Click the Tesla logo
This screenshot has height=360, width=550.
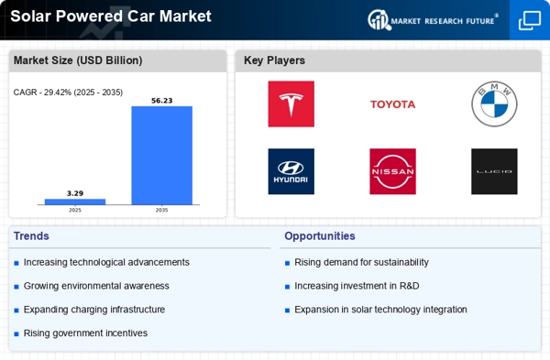coord(291,104)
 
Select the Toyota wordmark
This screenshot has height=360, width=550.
coord(393,104)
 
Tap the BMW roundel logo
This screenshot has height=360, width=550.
coord(494,104)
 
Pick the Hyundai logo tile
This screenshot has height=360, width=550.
coord(291,171)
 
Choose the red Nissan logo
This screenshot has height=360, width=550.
coord(393,171)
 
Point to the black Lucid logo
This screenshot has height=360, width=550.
coord(494,171)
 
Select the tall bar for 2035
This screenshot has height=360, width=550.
coord(161,156)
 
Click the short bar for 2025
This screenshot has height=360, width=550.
coord(75,202)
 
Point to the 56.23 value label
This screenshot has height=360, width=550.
coord(162,101)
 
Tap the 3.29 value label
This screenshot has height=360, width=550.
coord(75,193)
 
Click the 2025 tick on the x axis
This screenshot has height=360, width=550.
coord(75,210)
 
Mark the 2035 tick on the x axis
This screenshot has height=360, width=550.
coord(161,210)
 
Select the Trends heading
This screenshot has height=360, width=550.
coord(31,236)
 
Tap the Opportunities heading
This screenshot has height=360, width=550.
coord(320,236)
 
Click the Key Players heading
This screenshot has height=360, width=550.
coord(274,60)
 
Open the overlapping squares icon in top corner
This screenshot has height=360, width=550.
coord(530,20)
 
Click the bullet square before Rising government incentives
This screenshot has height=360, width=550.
coord(16,334)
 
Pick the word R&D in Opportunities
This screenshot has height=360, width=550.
coord(410,286)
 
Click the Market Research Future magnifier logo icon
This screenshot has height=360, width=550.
coord(379,19)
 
